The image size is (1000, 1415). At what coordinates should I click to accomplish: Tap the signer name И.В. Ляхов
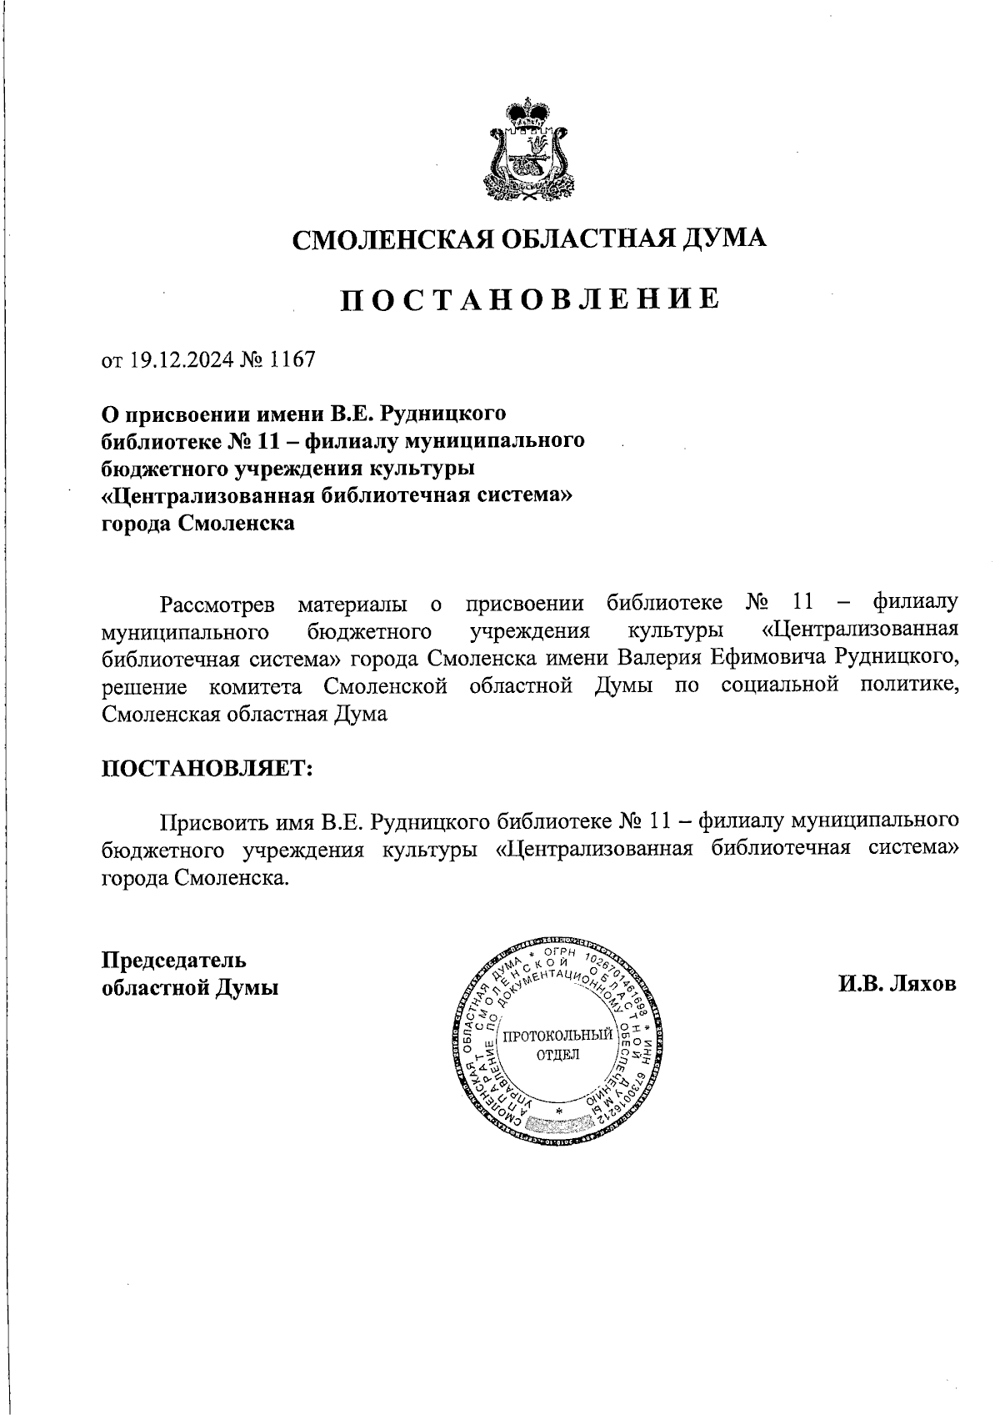pyautogui.click(x=897, y=984)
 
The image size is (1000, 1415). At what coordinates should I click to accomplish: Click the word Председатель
pyautogui.click(x=173, y=959)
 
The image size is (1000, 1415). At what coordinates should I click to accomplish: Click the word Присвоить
pyautogui.click(x=214, y=822)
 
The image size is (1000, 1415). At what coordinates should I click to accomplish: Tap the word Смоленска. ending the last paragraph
pyautogui.click(x=232, y=878)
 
